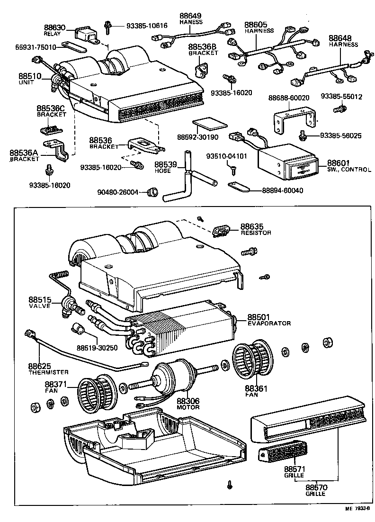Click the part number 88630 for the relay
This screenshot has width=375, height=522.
[55, 28]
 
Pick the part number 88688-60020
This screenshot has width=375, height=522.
[288, 97]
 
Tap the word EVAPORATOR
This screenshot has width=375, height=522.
[268, 323]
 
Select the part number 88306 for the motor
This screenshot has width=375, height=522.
[188, 401]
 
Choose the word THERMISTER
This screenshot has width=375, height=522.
[48, 372]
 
